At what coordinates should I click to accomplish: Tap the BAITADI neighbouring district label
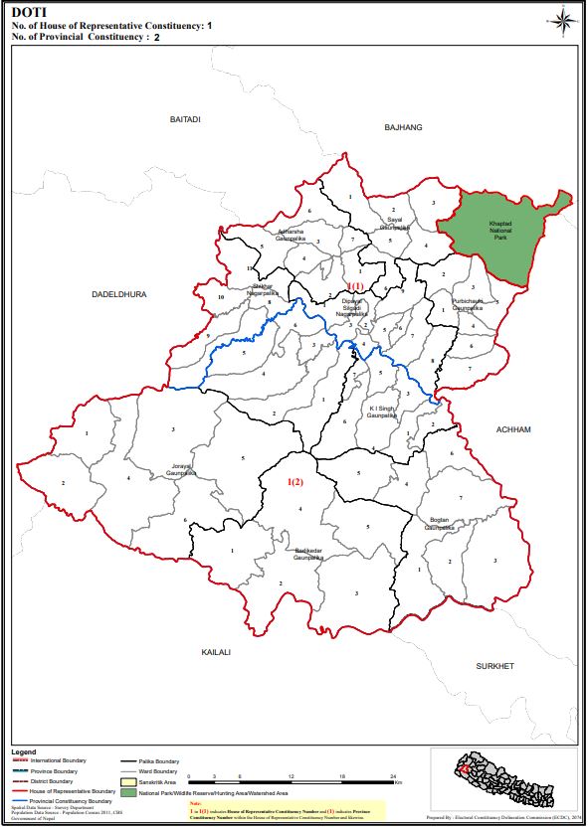pyautogui.click(x=185, y=119)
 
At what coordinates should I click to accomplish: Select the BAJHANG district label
pyautogui.click(x=404, y=127)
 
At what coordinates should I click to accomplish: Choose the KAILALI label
pyautogui.click(x=215, y=652)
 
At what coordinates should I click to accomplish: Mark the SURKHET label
pyautogui.click(x=493, y=666)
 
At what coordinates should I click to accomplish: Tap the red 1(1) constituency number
pyautogui.click(x=355, y=287)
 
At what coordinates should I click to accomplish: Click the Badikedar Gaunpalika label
pyautogui.click(x=308, y=553)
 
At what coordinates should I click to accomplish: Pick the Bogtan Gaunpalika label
pyautogui.click(x=440, y=524)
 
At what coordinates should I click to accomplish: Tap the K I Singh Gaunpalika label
pyautogui.click(x=382, y=412)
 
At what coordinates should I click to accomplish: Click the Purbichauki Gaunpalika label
pyautogui.click(x=467, y=304)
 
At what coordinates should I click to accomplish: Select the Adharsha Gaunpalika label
pyautogui.click(x=296, y=236)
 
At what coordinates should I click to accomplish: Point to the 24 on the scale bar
pyautogui.click(x=393, y=774)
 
